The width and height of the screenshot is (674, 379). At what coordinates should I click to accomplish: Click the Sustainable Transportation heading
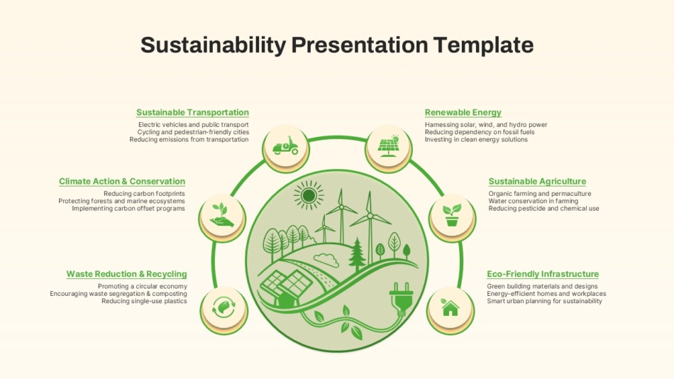pos(192,112)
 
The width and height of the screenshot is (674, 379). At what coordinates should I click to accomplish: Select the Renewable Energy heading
pos(463,112)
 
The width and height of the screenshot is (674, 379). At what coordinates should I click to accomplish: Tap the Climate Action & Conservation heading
pos(122,181)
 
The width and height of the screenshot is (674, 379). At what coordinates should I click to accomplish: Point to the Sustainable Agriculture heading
pos(537,181)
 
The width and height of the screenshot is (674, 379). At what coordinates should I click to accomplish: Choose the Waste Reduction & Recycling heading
pos(127,274)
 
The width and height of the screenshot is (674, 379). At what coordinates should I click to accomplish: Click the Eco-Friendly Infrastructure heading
pos(543,274)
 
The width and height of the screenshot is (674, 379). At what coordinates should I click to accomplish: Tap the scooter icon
pos(285,145)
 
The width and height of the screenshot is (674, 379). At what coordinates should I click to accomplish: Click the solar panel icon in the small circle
pos(388,145)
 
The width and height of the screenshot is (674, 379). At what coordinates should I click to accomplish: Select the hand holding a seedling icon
pos(222,215)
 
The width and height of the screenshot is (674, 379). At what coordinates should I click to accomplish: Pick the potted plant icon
pos(452,215)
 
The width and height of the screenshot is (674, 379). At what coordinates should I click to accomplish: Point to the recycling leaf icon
pos(224,307)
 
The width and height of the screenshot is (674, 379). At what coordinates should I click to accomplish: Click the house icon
pos(450,307)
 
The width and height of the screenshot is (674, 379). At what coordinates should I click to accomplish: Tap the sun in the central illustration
pos(309,196)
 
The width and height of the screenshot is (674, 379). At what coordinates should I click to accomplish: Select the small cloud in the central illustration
pos(326,260)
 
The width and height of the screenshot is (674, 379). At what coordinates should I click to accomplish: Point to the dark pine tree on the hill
pos(357,254)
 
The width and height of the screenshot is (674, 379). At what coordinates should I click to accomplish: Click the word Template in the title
pos(483,45)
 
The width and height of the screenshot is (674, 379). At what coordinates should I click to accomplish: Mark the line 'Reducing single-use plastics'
pos(145,301)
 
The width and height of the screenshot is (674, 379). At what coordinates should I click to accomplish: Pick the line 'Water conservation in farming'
pos(533,201)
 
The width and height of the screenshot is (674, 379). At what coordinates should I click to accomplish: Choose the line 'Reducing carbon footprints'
pos(145,194)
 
